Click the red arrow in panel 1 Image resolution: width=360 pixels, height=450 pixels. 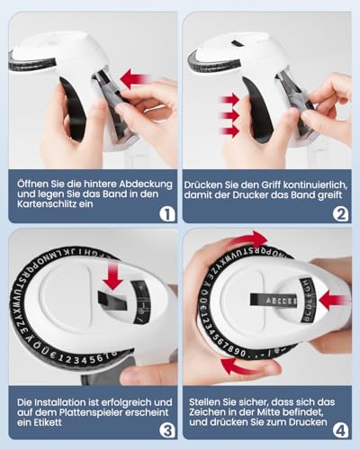[134, 79]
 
